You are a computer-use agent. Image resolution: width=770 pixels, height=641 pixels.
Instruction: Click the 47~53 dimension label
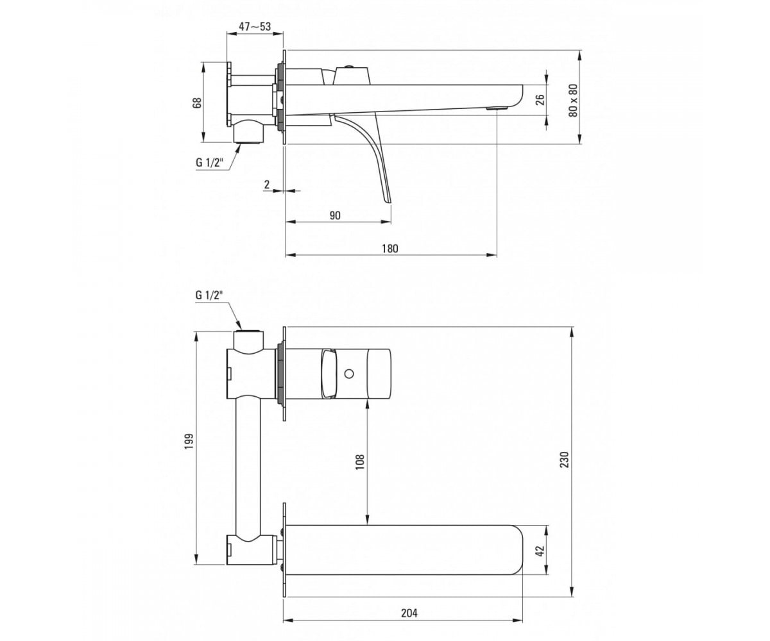click(x=255, y=26)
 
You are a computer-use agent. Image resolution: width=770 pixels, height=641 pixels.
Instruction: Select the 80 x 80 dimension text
click(x=573, y=100)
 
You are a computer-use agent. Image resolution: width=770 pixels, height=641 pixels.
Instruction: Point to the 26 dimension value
click(x=540, y=100)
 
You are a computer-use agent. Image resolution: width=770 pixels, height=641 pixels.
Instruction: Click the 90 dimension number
click(x=335, y=215)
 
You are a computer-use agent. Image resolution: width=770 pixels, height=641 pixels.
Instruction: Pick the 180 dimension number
click(x=389, y=248)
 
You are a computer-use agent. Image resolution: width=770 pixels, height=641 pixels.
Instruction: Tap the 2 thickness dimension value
click(x=267, y=184)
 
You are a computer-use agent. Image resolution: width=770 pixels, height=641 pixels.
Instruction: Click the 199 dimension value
click(x=189, y=441)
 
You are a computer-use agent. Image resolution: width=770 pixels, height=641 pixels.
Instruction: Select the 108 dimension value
click(x=359, y=462)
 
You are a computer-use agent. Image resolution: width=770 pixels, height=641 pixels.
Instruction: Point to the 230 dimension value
click(x=565, y=460)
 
